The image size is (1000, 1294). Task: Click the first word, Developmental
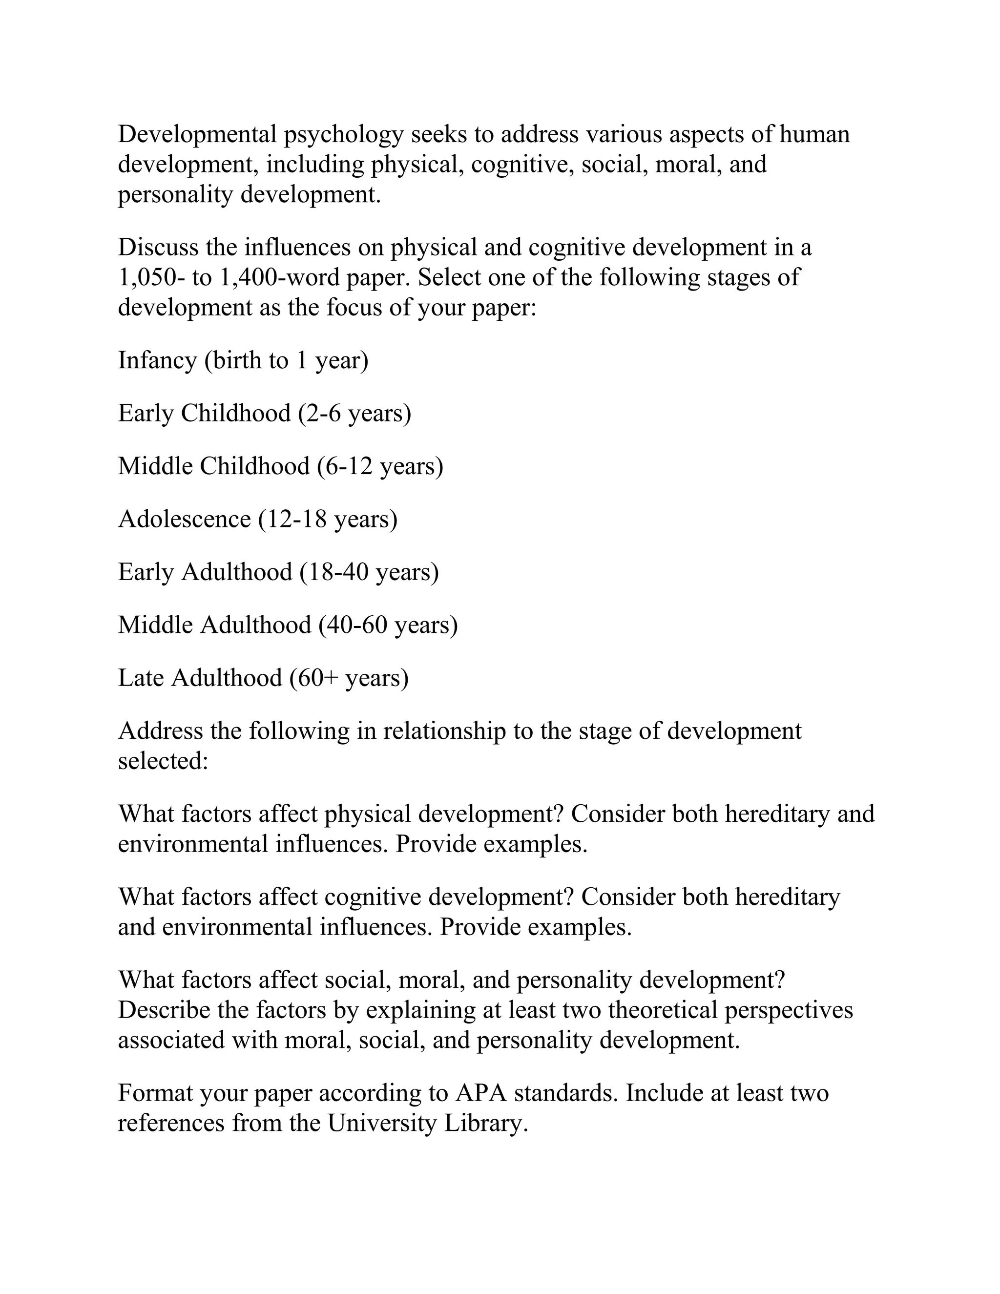(x=197, y=134)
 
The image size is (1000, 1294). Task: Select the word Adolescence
(x=184, y=519)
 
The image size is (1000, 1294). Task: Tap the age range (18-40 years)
(x=369, y=572)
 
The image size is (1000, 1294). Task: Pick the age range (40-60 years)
(x=388, y=625)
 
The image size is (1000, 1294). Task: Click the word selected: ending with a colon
(x=163, y=760)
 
